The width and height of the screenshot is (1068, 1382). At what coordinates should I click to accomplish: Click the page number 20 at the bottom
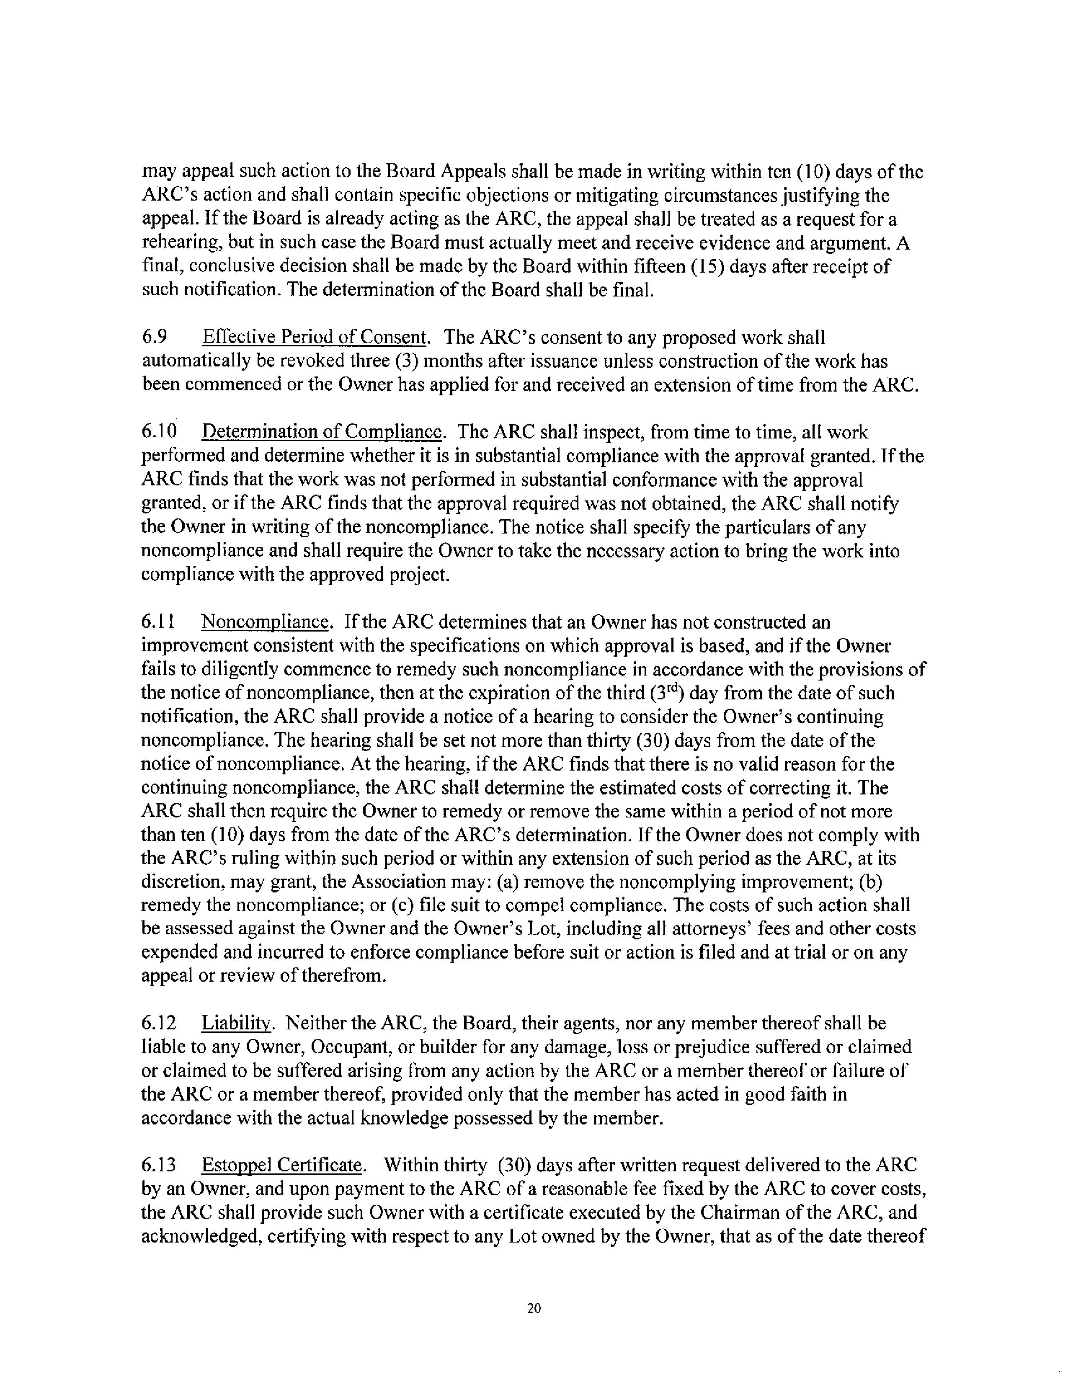pyautogui.click(x=533, y=1308)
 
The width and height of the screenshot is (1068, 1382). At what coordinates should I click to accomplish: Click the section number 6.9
pyautogui.click(x=155, y=337)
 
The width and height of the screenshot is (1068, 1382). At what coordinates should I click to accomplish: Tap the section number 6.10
pyautogui.click(x=158, y=432)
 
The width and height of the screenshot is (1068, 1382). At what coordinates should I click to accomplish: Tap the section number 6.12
pyautogui.click(x=158, y=1023)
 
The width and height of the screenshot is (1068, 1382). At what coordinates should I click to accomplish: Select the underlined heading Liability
pyautogui.click(x=237, y=1023)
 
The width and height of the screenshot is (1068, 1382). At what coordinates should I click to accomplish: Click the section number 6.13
pyautogui.click(x=158, y=1165)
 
